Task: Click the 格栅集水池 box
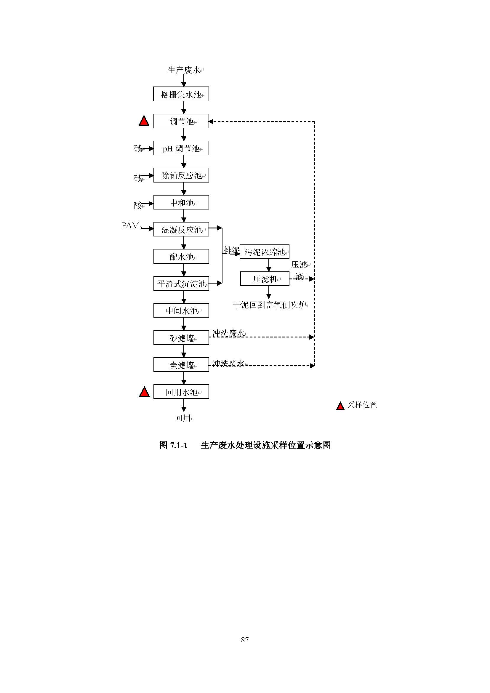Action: pyautogui.click(x=181, y=94)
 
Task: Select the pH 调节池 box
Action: pyautogui.click(x=181, y=148)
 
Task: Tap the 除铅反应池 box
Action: pyautogui.click(x=181, y=175)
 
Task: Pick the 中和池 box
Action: pyautogui.click(x=181, y=202)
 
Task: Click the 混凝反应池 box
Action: pyautogui.click(x=181, y=229)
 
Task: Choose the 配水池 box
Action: pyautogui.click(x=181, y=256)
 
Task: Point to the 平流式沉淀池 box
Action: pyautogui.click(x=181, y=284)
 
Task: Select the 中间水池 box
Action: pyautogui.click(x=181, y=310)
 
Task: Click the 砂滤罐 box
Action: pyautogui.click(x=181, y=337)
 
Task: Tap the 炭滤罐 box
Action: pyautogui.click(x=181, y=365)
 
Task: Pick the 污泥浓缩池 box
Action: pyautogui.click(x=264, y=252)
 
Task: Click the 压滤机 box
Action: pyautogui.click(x=265, y=279)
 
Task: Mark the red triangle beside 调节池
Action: pyautogui.click(x=144, y=121)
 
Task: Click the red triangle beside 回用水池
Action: pyautogui.click(x=145, y=392)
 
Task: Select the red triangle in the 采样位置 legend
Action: pyautogui.click(x=340, y=406)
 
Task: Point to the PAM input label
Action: pyautogui.click(x=130, y=225)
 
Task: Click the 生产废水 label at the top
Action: pyautogui.click(x=184, y=70)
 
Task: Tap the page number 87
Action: pyautogui.click(x=245, y=639)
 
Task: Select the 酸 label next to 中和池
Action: pyautogui.click(x=138, y=206)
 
